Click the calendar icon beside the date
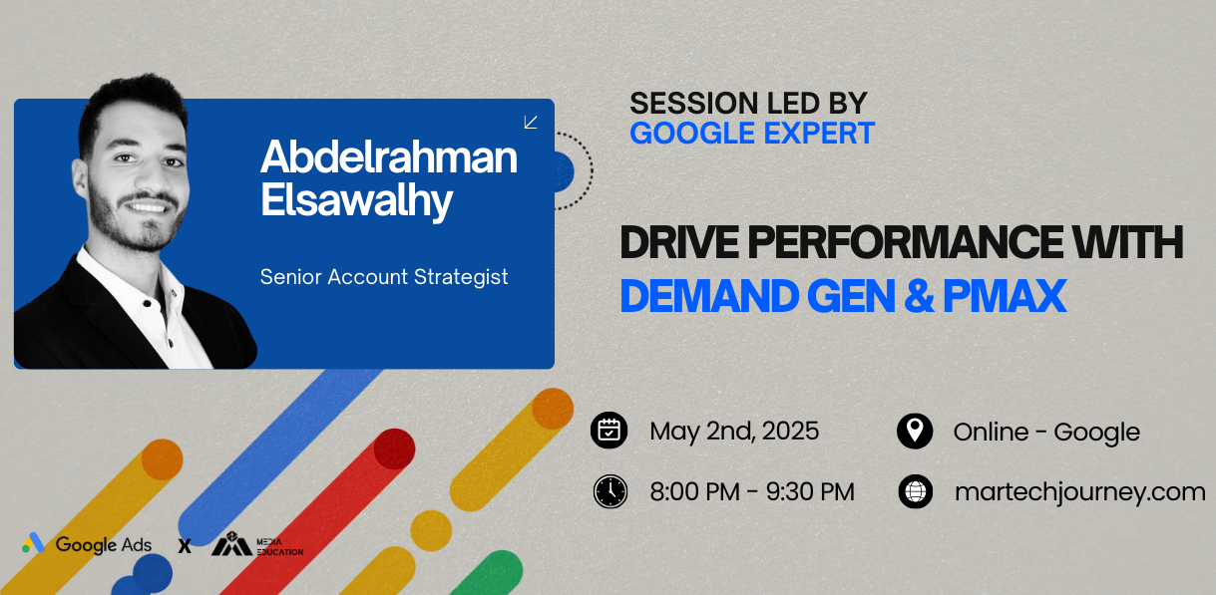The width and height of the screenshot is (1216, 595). (x=609, y=431)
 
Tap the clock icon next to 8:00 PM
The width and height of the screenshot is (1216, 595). (x=610, y=491)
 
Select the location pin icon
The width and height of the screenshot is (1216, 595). (x=915, y=432)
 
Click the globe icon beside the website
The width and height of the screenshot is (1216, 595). (x=916, y=491)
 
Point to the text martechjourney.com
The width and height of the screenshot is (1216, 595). (x=1079, y=492)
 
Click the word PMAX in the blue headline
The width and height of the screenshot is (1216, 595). (x=1005, y=296)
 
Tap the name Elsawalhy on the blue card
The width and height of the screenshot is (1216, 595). (x=356, y=201)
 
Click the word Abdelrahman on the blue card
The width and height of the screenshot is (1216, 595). (x=389, y=157)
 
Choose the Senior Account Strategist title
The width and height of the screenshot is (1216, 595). (x=384, y=277)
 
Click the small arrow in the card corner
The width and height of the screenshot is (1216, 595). (x=531, y=122)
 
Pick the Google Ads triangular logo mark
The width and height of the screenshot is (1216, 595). (x=33, y=543)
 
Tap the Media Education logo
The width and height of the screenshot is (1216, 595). (x=256, y=544)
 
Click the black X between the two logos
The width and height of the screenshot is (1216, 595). (x=185, y=546)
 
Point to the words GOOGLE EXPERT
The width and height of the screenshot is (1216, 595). (x=752, y=134)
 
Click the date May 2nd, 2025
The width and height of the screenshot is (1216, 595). (x=734, y=432)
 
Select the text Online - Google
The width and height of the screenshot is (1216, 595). (x=1046, y=433)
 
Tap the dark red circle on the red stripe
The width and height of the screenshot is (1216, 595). (x=394, y=449)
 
